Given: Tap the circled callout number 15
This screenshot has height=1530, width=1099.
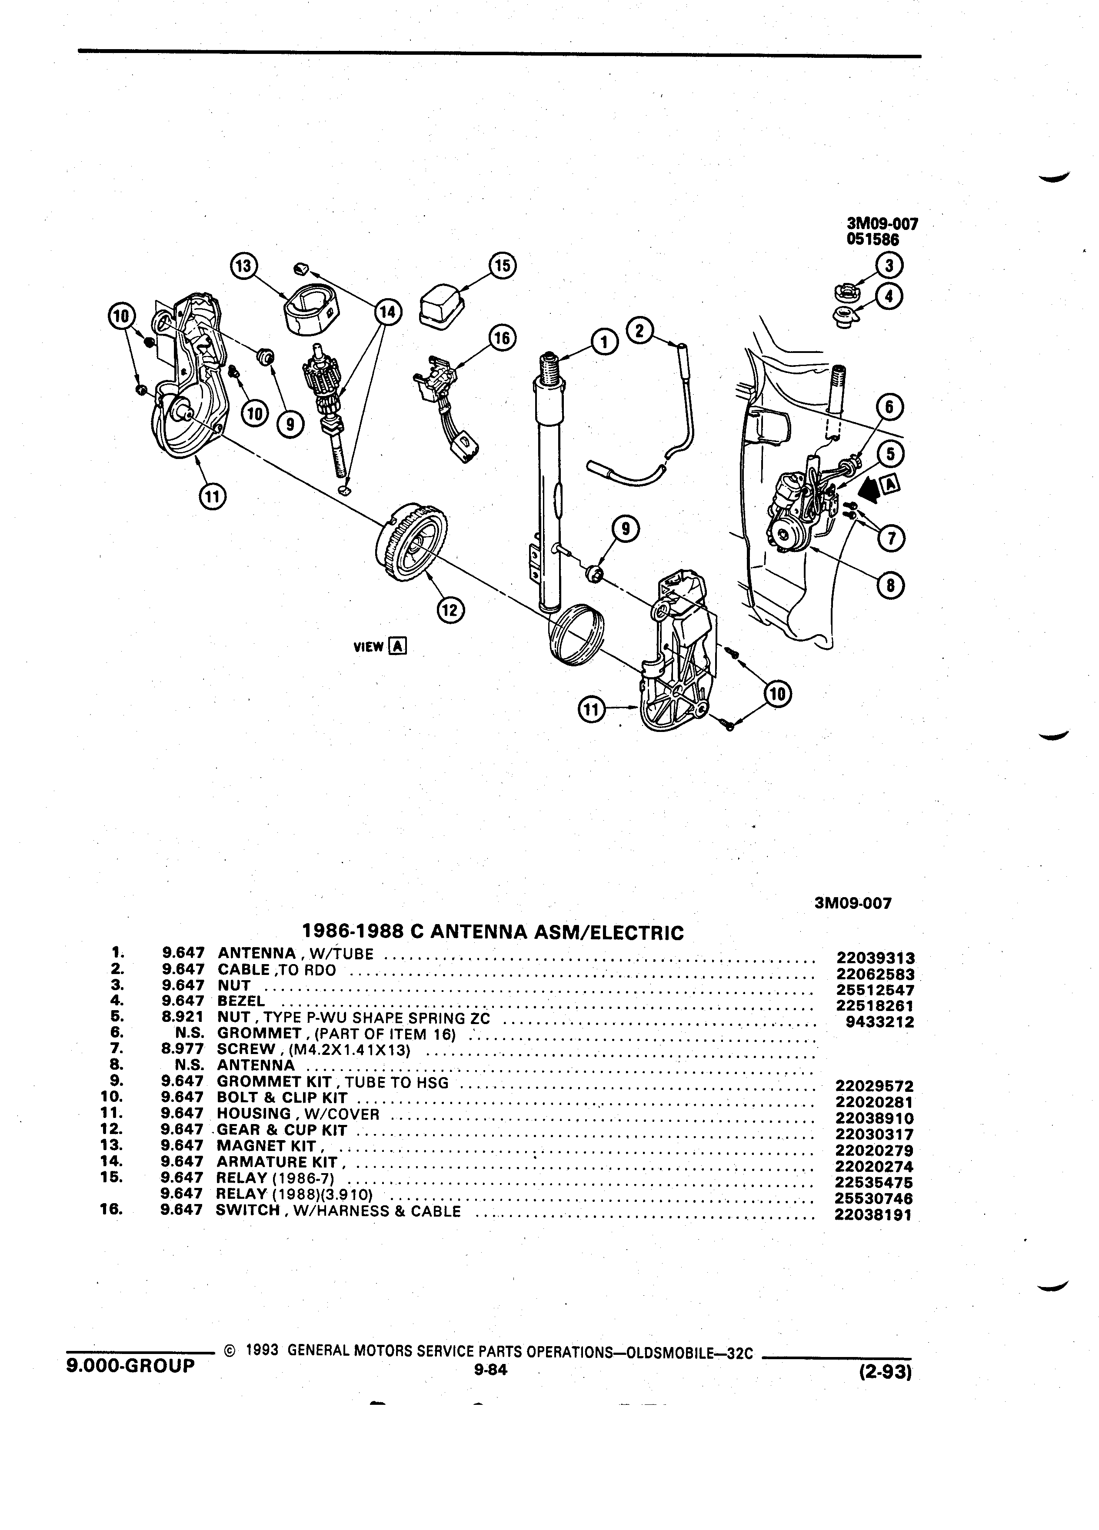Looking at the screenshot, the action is click(503, 266).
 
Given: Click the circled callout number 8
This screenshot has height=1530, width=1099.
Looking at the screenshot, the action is click(890, 585).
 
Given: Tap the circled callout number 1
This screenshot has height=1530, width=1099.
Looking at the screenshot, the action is click(604, 343).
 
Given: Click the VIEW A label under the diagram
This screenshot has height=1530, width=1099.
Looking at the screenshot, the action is click(379, 646).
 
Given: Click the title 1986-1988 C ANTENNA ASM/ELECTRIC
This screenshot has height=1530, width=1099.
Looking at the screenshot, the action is click(493, 932).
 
